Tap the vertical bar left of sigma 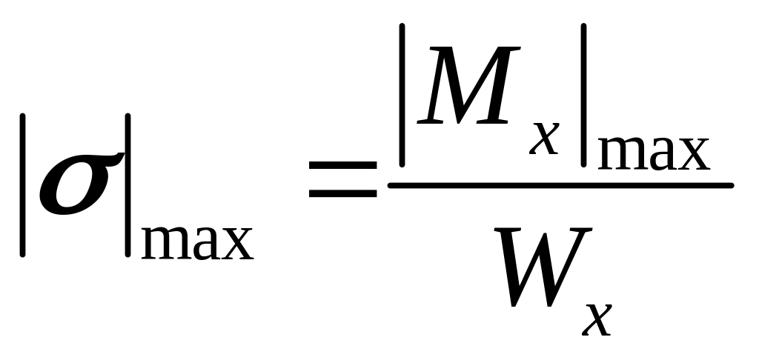tap(24, 184)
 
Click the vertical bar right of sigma tap(128, 184)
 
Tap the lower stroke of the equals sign tap(342, 195)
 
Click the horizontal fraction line tap(560, 185)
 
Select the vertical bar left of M tap(401, 95)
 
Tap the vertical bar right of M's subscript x tap(585, 95)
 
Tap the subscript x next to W tap(598, 317)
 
